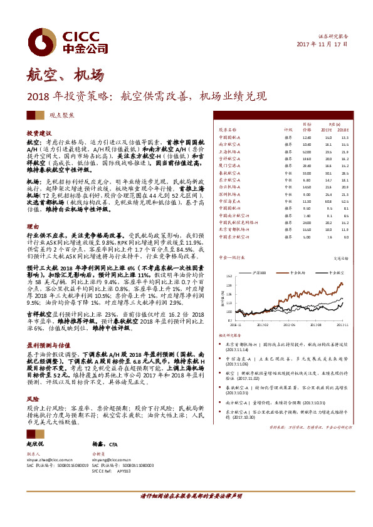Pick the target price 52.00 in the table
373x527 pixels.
[306, 151]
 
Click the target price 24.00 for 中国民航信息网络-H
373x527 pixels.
[306, 222]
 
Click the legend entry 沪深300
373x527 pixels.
[260, 274]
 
